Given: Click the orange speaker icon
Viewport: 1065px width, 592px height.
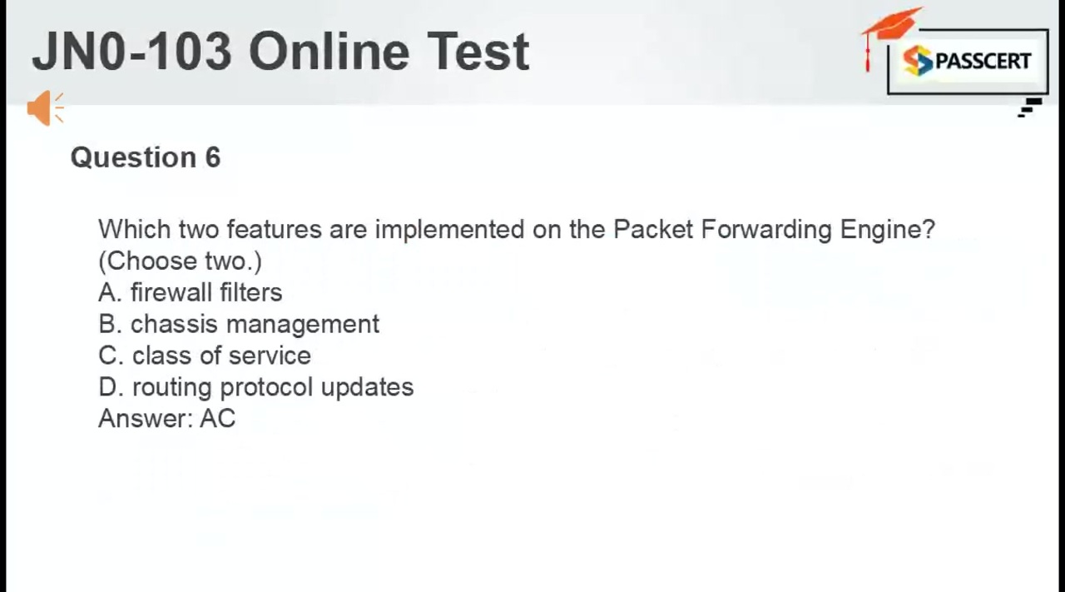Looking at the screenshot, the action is coord(45,108).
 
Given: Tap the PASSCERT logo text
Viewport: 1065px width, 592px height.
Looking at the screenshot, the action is coord(983,61).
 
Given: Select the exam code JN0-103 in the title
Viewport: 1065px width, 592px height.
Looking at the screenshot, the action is coord(131,52).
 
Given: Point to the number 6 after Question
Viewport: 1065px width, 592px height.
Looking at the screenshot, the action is coord(213,157).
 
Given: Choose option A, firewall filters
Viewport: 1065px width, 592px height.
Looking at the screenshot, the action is coord(191,292).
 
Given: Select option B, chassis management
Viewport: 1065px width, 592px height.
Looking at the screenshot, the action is coord(239,325).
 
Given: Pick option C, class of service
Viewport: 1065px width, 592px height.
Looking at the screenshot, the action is coord(205,356).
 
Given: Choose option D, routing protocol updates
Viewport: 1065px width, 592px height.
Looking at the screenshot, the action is coord(255,387).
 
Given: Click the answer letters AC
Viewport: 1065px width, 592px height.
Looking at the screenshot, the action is coord(217,419).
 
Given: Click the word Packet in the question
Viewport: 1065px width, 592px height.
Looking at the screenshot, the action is coord(653,229).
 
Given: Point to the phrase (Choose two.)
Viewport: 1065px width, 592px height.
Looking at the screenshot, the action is coord(181,261).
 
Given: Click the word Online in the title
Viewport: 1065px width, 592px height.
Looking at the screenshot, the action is coord(329,52).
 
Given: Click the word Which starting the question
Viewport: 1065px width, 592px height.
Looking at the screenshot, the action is coord(135,229).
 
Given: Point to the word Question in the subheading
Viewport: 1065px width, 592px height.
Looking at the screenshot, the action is coord(133,157).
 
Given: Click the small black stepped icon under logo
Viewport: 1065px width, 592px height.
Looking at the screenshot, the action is coord(1030,107).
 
